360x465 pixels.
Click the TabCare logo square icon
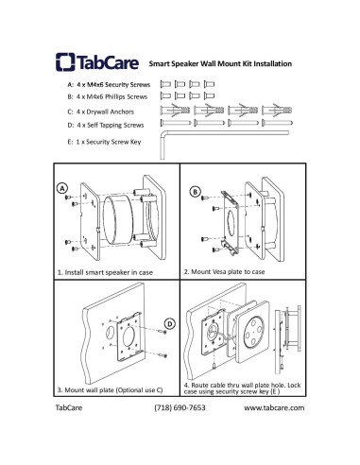coord(65,61)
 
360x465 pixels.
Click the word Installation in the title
coord(273,63)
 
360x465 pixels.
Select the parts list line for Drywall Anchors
coord(101,112)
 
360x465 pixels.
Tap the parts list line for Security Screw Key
coord(104,142)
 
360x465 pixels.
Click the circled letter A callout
coord(62,188)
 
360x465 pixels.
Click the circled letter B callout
coord(196,192)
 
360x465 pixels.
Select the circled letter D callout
coord(170,324)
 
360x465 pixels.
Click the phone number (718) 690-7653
coord(180,407)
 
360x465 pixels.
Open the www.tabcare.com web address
coord(274,407)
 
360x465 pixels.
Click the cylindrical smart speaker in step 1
coord(118,219)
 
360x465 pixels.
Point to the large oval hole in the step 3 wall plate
coord(129,336)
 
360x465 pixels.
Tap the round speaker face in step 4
coord(252,333)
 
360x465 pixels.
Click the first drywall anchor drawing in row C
coord(175,111)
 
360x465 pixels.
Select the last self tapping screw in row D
coord(277,123)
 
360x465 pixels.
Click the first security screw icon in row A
coord(165,84)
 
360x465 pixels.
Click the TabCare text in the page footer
coord(69,407)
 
